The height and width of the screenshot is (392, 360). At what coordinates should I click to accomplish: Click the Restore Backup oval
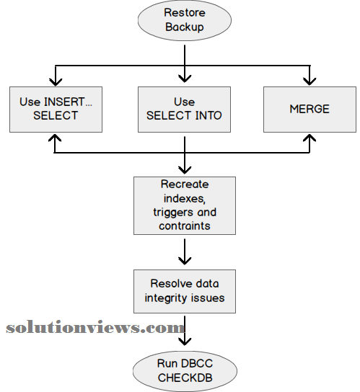pos(185,20)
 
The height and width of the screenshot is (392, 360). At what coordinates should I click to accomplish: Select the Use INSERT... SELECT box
pos(56,110)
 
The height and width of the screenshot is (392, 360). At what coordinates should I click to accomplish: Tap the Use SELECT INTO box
pos(184,110)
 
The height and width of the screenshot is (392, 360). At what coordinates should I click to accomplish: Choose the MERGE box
pos(309,110)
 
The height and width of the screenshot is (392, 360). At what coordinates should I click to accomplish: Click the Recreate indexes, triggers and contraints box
pos(185,206)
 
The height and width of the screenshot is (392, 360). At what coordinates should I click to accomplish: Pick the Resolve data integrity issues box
pos(185,291)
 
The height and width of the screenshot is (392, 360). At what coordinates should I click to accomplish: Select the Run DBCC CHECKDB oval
pos(185,371)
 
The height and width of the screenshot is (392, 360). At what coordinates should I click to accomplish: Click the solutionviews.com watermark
pos(95,327)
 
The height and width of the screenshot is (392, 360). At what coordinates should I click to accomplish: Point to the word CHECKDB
pos(185,378)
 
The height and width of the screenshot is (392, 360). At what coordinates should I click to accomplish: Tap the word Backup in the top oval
pos(185,27)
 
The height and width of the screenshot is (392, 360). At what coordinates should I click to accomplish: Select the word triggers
pos(174,213)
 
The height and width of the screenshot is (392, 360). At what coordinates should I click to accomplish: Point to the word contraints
pos(185,226)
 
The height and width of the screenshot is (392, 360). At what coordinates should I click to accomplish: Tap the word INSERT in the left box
pos(64,102)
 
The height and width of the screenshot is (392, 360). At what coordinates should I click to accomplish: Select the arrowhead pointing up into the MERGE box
pos(309,138)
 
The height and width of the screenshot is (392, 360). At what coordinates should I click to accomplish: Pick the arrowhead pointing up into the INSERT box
pos(55,138)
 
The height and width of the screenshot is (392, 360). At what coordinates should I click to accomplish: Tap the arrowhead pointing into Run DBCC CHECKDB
pos(185,342)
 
